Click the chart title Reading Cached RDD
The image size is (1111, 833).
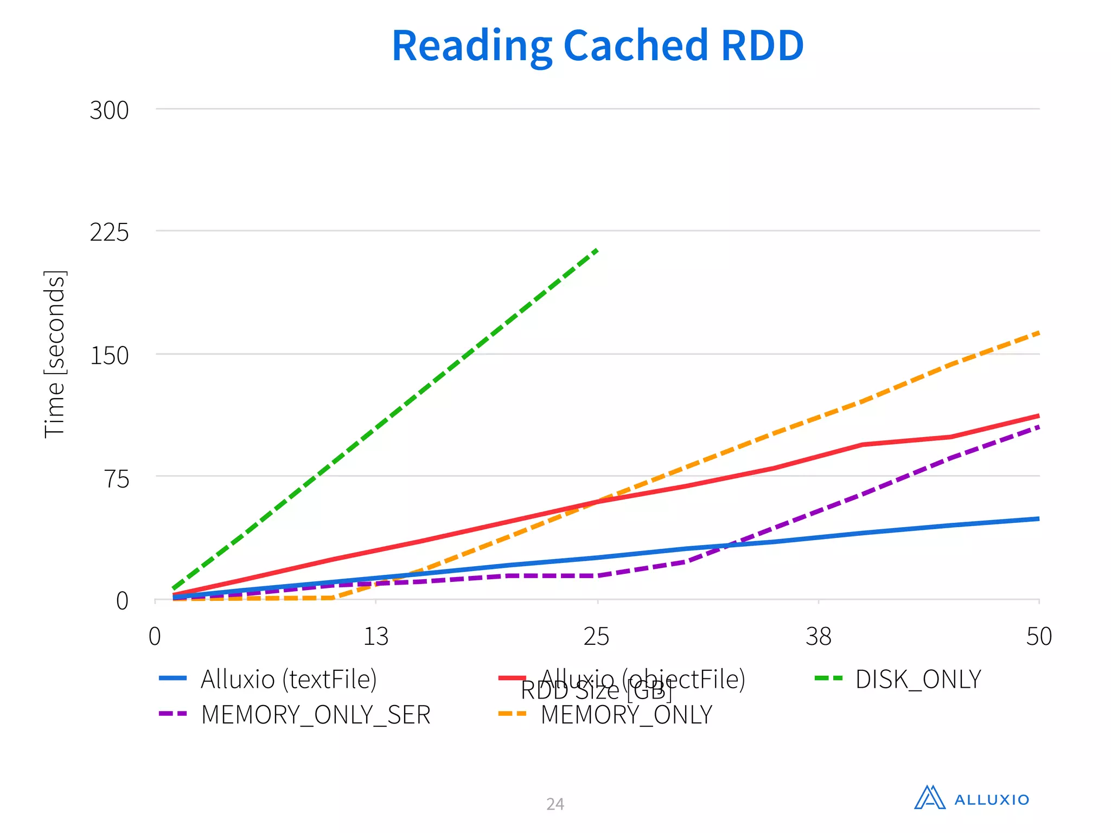(597, 46)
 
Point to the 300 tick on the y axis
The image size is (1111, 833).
(109, 111)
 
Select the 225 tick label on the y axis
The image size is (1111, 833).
(109, 233)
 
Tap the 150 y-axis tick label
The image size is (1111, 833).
(109, 356)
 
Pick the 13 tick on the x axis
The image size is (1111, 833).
(375, 636)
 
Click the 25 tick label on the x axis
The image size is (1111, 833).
(596, 636)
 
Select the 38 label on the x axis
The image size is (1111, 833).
(818, 636)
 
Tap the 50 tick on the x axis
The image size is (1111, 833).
(1038, 636)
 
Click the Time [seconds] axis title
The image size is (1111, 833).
(54, 354)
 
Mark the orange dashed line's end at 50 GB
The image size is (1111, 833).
(1038, 332)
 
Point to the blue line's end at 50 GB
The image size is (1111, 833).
(1038, 519)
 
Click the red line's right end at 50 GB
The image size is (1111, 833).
(1038, 416)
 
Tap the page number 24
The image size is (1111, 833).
(555, 804)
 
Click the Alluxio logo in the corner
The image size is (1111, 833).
(971, 798)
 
